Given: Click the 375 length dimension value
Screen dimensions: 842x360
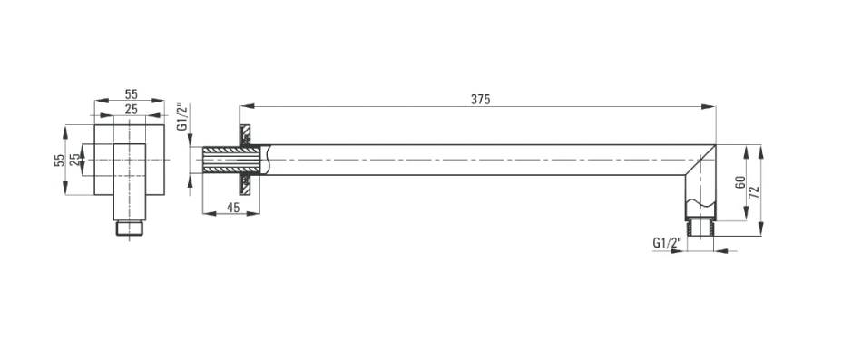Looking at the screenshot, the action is tap(481, 99).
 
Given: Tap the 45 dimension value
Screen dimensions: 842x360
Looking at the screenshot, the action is tap(233, 208).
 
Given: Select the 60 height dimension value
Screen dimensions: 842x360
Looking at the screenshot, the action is tap(740, 182).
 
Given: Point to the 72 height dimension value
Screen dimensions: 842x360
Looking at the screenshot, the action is tap(754, 192).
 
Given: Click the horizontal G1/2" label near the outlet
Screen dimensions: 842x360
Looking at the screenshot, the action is tap(666, 243).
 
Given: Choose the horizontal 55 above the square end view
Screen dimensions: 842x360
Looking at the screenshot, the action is tap(131, 94).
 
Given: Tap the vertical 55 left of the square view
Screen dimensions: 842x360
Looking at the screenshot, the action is tap(59, 160).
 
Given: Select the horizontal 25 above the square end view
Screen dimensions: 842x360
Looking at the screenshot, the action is tap(131, 109).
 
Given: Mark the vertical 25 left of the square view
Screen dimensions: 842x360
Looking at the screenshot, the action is tap(74, 160).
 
